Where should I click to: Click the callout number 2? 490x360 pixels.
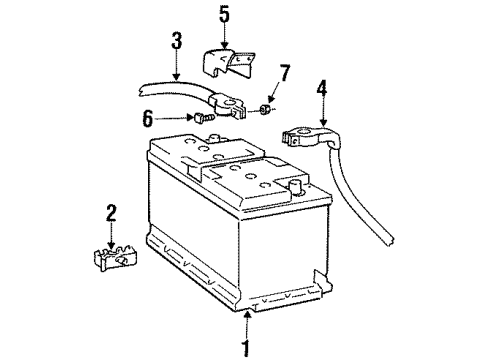(x=111, y=214)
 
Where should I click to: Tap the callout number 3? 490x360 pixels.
(x=176, y=43)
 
